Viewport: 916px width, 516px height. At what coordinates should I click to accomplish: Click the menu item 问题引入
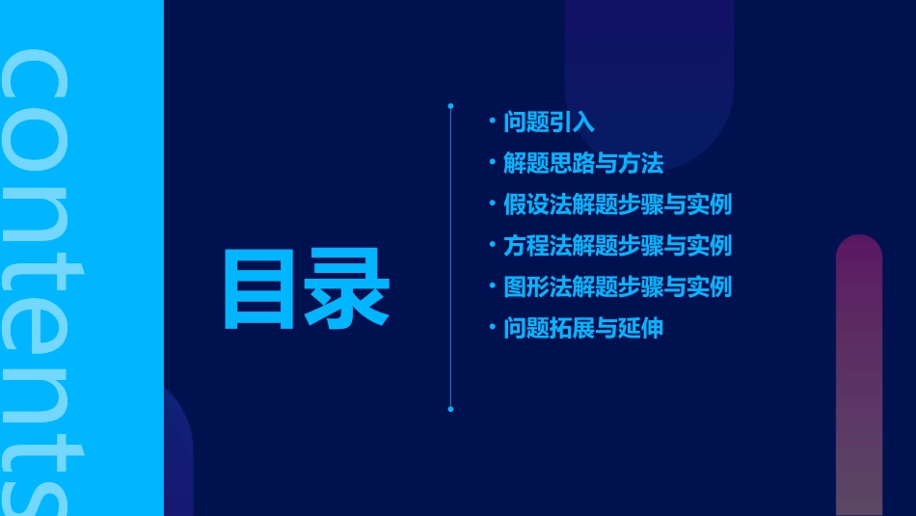pos(549,122)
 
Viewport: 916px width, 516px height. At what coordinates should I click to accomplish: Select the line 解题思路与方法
pos(583,164)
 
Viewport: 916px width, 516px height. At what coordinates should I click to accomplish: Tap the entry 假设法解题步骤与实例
pos(617,204)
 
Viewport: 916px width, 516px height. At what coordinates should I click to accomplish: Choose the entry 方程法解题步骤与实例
pos(617,246)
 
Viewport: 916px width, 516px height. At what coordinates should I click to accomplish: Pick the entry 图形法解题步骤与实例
pos(617,286)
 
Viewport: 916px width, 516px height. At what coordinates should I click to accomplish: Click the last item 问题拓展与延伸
pos(583,328)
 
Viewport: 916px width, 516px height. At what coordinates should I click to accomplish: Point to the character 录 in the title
pos(347,287)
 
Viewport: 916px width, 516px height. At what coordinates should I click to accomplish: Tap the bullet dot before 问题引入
pos(493,122)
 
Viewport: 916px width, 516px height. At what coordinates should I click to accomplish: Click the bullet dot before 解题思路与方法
pos(493,164)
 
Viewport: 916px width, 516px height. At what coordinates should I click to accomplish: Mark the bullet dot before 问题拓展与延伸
pos(493,328)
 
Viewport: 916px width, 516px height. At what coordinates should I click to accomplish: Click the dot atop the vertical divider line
pos(450,105)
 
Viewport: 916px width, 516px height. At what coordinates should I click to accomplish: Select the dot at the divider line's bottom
pos(450,409)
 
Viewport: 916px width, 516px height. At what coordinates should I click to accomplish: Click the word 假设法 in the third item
pos(534,204)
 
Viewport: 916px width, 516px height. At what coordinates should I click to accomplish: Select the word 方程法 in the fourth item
pos(534,246)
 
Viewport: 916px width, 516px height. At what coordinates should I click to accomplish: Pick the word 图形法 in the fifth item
pos(534,286)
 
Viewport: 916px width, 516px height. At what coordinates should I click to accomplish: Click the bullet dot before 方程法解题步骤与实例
pos(493,246)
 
